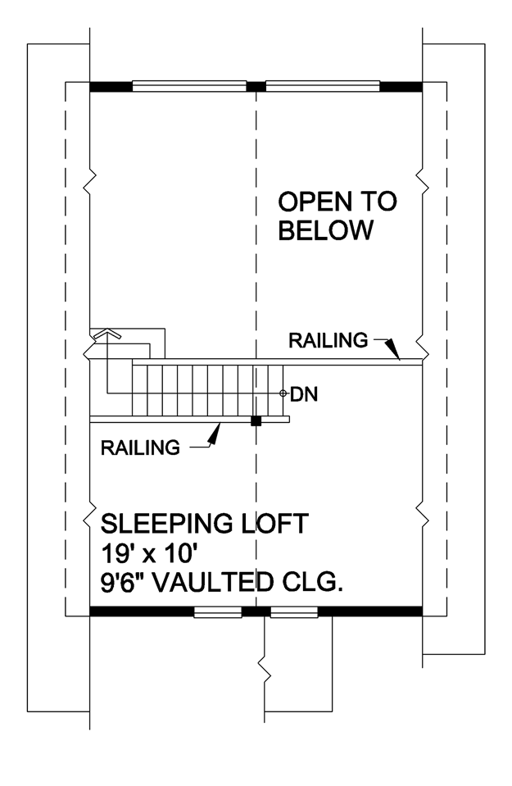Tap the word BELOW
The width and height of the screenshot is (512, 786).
tap(326, 230)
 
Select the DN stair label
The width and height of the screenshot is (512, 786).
tap(304, 394)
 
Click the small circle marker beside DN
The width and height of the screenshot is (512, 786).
tap(283, 394)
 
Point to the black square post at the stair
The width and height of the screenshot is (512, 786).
tap(256, 420)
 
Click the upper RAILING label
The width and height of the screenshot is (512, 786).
tap(328, 341)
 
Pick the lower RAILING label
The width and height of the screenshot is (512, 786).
tap(140, 448)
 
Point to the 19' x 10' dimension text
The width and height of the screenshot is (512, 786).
tap(147, 554)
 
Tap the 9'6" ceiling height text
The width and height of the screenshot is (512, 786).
tap(122, 583)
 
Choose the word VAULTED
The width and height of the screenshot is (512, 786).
tap(212, 583)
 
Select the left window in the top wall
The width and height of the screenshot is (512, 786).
tap(189, 86)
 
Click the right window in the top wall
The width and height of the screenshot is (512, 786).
tap(323, 86)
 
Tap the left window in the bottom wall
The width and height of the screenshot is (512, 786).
tap(218, 612)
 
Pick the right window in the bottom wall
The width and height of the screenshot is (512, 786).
tap(294, 612)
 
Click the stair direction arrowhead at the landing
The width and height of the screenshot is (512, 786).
tap(106, 334)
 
